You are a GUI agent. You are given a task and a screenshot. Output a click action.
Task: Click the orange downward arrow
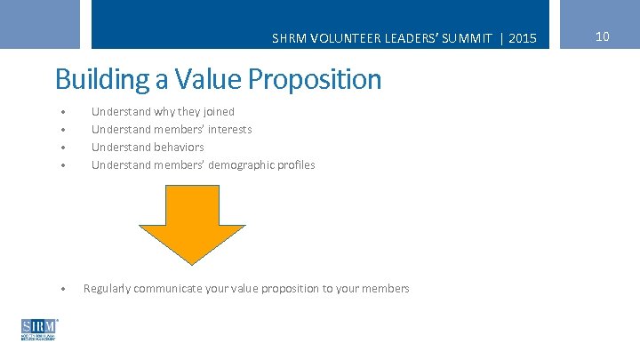192,222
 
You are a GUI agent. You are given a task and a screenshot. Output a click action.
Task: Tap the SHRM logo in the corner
39,330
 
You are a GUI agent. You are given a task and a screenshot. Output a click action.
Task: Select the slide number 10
602,36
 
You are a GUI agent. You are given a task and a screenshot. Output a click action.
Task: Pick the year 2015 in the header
524,38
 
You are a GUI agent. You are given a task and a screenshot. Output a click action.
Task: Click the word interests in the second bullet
231,130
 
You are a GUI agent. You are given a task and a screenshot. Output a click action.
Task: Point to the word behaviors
180,148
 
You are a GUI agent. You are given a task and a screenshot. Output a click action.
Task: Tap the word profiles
297,165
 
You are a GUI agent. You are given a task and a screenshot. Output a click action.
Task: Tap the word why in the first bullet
164,112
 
